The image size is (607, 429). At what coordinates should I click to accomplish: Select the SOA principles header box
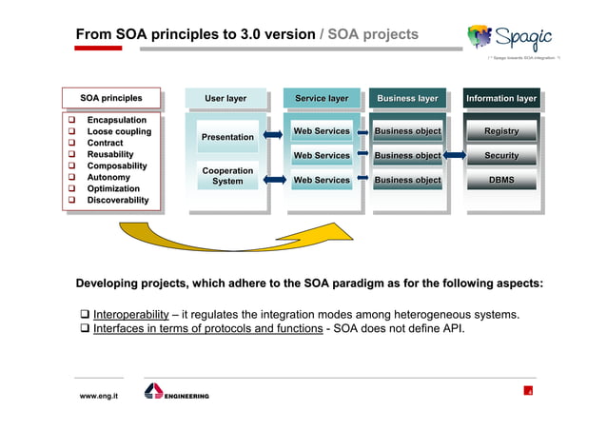pos(111,98)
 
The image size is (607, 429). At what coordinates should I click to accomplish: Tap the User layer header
pos(225,98)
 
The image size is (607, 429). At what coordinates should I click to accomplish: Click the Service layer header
pos(322,98)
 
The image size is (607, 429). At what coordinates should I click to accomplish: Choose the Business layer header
pos(407,98)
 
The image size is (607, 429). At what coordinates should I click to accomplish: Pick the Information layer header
pos(501,98)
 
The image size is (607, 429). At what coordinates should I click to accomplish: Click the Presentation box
pos(227,137)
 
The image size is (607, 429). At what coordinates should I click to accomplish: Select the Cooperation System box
pos(227,176)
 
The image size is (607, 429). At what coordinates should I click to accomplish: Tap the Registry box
pos(501,130)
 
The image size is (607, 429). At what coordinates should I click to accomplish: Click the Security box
pos(501,155)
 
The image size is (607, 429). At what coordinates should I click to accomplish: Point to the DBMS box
pos(501,180)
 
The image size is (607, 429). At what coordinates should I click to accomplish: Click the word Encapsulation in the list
pos(116,120)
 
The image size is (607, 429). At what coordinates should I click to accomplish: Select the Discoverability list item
pos(118,200)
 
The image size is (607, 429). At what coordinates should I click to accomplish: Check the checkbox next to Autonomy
pos(70,177)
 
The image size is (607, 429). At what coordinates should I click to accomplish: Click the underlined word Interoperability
pos(130,315)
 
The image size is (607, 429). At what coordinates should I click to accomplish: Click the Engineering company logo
pos(176,393)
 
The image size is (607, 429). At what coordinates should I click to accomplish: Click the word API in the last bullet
pos(453,329)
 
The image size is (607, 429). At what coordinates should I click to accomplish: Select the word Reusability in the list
pos(110,154)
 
